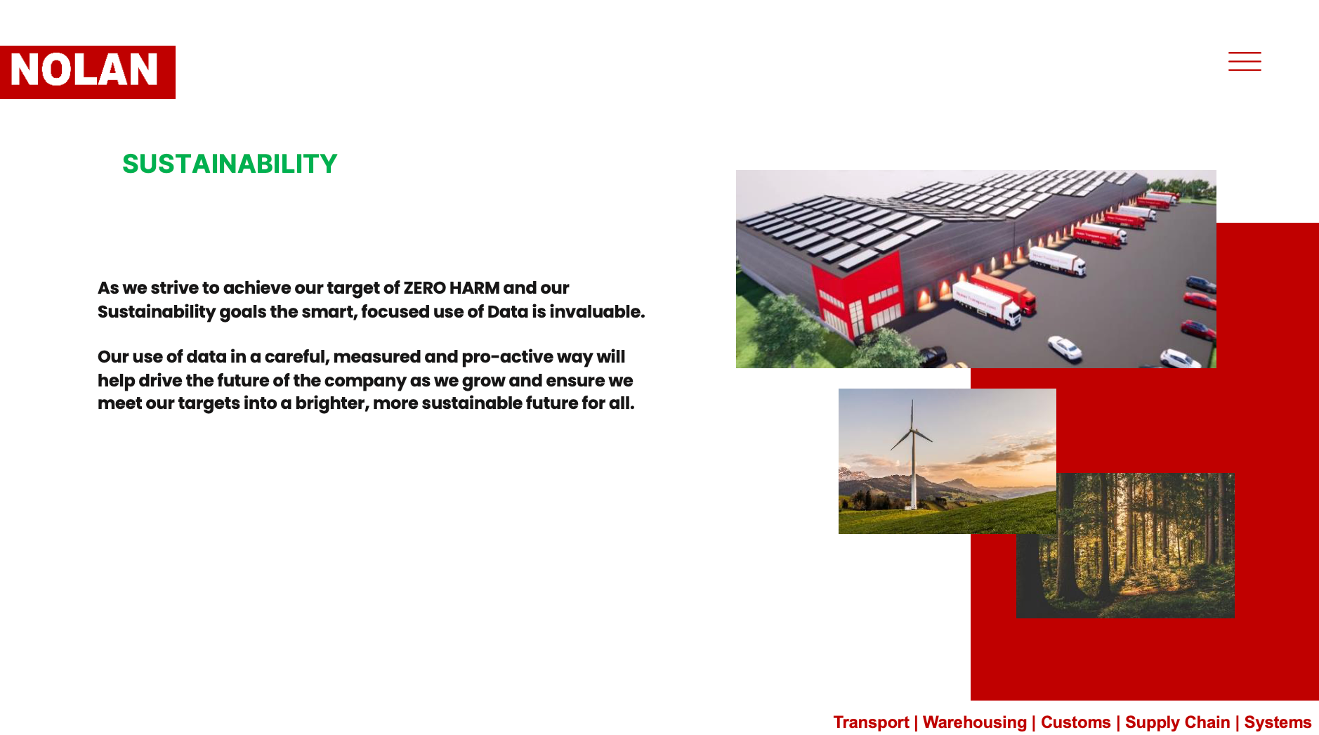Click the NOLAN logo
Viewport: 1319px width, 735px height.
pyautogui.click(x=88, y=72)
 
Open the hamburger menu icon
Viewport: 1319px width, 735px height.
pyautogui.click(x=1245, y=61)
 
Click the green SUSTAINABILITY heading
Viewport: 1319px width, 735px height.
pyautogui.click(x=230, y=164)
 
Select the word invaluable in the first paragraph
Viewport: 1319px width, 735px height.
pyautogui.click(x=597, y=311)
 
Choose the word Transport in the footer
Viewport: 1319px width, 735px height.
pyautogui.click(x=871, y=722)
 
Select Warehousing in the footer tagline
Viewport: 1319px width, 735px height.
pyautogui.click(x=974, y=722)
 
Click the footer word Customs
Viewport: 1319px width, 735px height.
pyautogui.click(x=1075, y=722)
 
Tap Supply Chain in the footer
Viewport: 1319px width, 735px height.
pyautogui.click(x=1177, y=722)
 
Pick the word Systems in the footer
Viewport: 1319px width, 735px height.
pyautogui.click(x=1278, y=722)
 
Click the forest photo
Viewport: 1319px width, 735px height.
pyautogui.click(x=1125, y=545)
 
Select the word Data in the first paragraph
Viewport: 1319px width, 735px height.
pyautogui.click(x=507, y=311)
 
